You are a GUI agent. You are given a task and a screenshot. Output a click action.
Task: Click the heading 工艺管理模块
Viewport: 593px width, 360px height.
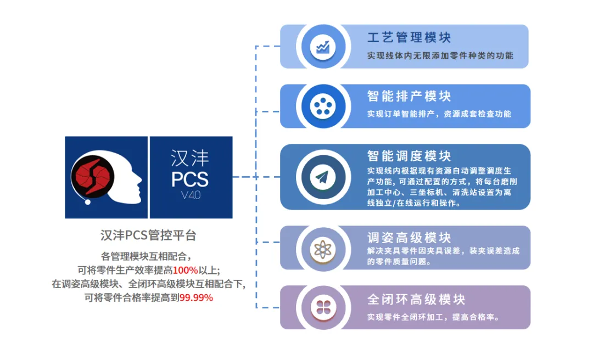pos(409,37)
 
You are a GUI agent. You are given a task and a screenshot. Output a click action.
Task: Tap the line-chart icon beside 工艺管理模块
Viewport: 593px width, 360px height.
pos(322,47)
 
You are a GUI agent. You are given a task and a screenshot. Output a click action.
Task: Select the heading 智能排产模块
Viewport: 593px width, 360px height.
pos(409,96)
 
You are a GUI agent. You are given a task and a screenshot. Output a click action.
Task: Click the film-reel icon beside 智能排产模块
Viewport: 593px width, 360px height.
pos(322,106)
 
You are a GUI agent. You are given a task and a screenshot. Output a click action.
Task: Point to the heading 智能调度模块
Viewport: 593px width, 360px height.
pos(409,156)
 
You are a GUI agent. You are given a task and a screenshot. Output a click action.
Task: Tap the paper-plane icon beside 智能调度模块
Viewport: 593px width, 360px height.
pos(322,177)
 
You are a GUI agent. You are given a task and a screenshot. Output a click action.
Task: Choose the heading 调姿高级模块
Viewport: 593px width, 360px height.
pos(409,238)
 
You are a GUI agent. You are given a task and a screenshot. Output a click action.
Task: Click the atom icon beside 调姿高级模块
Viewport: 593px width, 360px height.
pos(322,248)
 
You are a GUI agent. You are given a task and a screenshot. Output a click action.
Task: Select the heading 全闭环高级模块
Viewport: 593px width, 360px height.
pos(416,299)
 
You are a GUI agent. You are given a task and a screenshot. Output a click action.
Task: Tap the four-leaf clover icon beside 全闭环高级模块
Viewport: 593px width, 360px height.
pos(322,307)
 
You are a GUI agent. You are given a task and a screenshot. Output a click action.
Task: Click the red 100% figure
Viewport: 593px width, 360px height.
pos(185,269)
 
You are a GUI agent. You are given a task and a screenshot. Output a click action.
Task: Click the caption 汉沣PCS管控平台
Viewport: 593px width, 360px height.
pos(148,235)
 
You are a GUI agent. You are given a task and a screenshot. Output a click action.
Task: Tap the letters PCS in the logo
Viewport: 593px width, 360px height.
pos(190,179)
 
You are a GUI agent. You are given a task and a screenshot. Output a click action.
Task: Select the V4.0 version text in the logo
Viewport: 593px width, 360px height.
pos(191,195)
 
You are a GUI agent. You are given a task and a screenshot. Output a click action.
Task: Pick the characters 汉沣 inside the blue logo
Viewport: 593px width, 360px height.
pos(190,158)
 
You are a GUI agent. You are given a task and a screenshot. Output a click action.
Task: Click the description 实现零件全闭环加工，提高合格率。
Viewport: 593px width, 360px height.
pos(433,317)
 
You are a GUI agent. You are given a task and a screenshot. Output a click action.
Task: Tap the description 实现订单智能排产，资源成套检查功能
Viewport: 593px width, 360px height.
pos(439,114)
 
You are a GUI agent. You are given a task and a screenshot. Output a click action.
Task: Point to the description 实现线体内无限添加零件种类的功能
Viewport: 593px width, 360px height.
pos(440,55)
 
